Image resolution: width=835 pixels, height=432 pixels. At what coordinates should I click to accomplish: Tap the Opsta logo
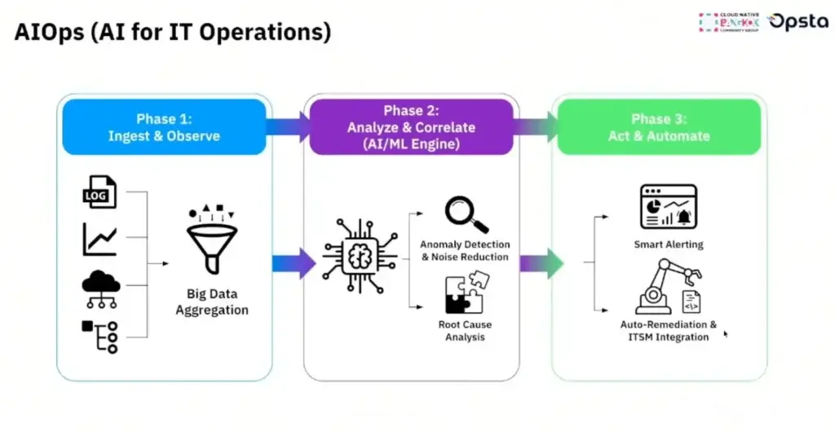799,22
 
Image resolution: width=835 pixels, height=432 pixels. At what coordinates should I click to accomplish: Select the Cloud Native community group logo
729,22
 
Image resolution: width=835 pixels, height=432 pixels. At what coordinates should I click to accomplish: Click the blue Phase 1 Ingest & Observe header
164,126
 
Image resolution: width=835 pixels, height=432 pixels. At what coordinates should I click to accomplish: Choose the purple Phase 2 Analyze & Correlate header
411,127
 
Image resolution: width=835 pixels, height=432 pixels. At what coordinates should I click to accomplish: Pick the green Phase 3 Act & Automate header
657,127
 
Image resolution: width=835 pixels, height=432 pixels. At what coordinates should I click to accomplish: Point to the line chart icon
99,240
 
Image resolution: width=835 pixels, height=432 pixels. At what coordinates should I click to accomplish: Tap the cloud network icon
100,287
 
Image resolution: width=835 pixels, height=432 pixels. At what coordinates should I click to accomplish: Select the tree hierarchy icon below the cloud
100,336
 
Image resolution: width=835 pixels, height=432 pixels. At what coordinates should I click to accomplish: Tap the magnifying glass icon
466,214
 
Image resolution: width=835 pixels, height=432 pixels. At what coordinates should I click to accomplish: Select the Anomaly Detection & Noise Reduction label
465,250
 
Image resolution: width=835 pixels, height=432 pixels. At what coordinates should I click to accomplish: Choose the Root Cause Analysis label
465,331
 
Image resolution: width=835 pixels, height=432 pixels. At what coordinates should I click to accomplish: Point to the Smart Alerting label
668,244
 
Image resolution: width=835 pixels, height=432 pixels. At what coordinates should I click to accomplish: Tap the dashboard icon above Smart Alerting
668,207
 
